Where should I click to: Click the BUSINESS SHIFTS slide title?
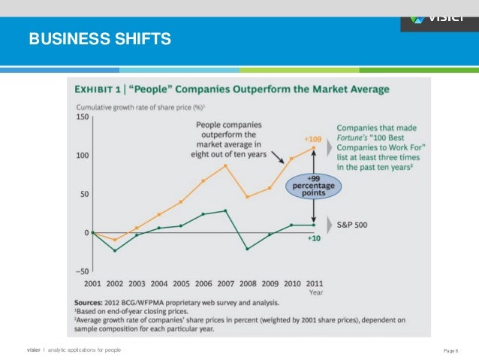click(100, 38)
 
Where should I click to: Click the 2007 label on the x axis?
click(224, 284)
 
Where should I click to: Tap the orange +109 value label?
click(312, 140)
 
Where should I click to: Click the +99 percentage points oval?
click(312, 185)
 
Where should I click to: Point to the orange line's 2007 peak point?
click(225, 165)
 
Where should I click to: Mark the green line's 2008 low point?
click(247, 249)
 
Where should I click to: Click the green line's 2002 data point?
click(114, 250)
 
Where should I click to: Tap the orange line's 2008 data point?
click(247, 197)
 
